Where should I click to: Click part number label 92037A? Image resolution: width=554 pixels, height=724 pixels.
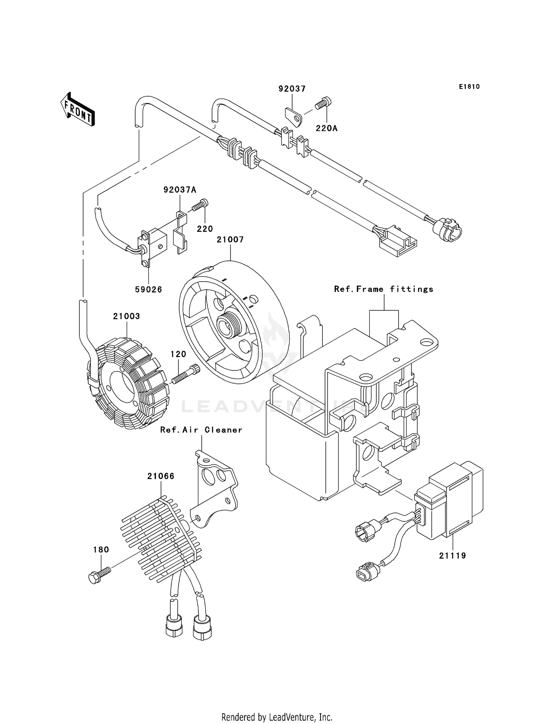pyautogui.click(x=180, y=190)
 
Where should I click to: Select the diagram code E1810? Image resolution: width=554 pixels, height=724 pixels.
pyautogui.click(x=469, y=87)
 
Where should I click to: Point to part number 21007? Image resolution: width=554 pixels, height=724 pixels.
pyautogui.click(x=230, y=240)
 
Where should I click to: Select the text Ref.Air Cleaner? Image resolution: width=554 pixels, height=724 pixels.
pyautogui.click(x=201, y=430)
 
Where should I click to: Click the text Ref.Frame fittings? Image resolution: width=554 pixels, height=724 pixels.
pyautogui.click(x=383, y=289)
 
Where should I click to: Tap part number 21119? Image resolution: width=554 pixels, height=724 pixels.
pyautogui.click(x=452, y=555)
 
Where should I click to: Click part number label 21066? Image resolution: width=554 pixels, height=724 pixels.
pyautogui.click(x=161, y=476)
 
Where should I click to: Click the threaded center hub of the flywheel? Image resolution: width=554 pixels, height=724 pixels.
pyautogui.click(x=229, y=323)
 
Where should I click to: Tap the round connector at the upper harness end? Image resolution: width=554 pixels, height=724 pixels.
pyautogui.click(x=447, y=230)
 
